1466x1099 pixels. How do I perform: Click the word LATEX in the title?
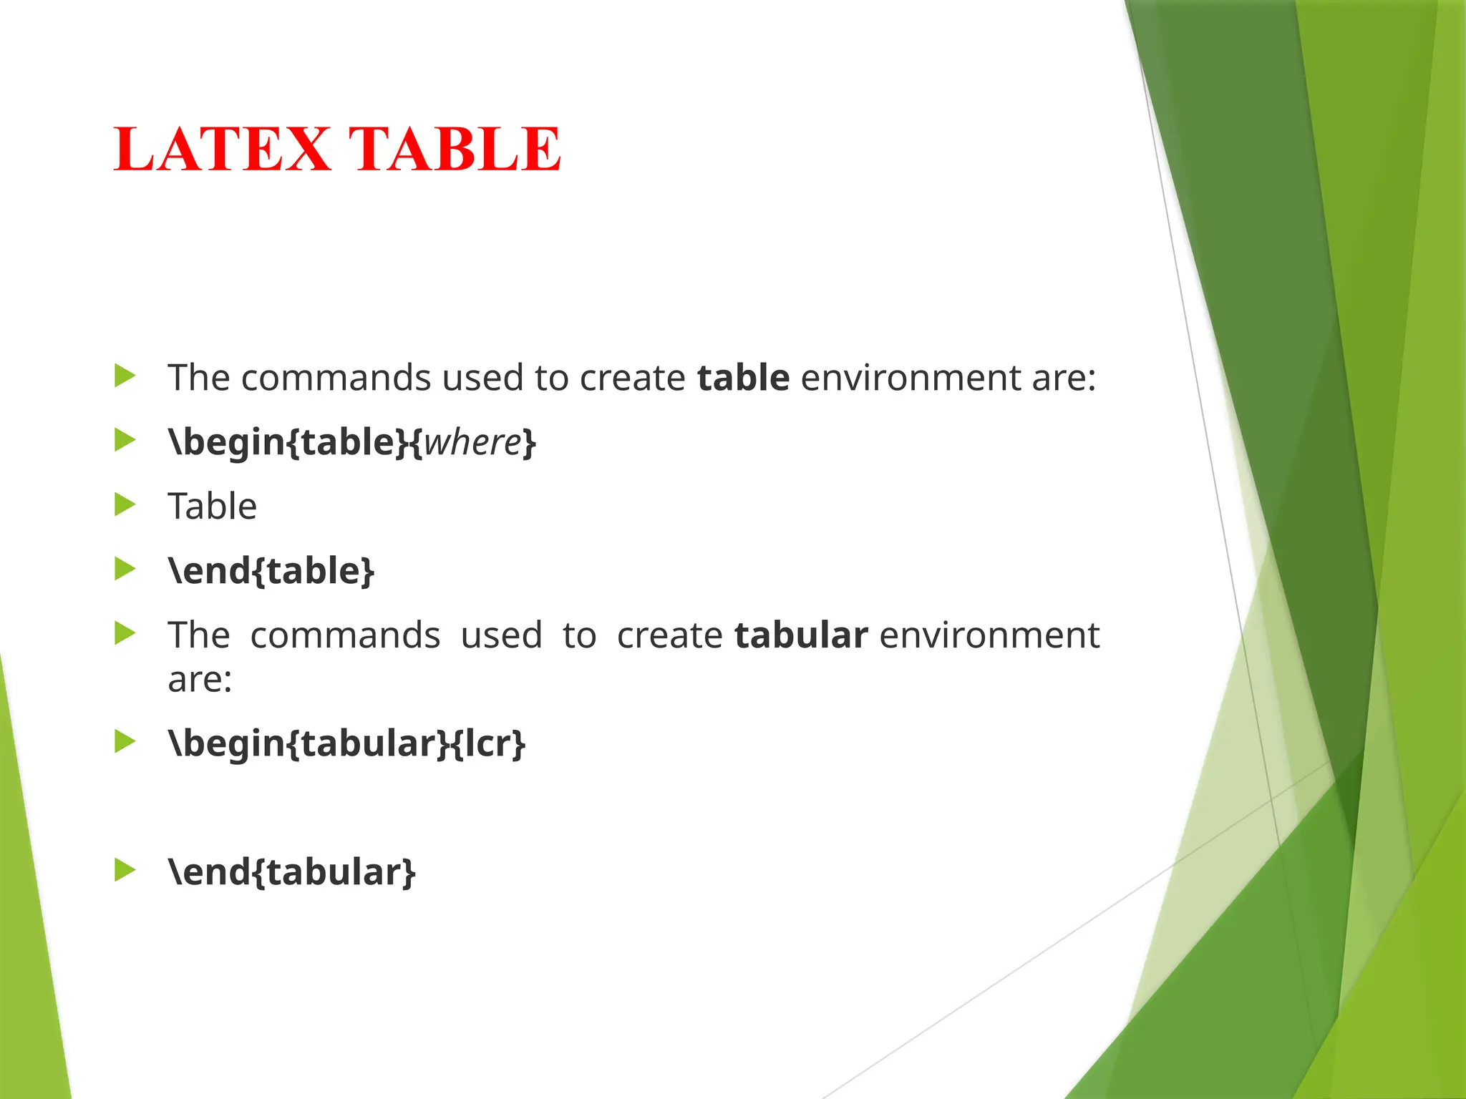tap(223, 150)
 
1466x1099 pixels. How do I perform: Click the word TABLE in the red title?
tap(454, 150)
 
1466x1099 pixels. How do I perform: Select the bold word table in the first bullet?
tap(743, 378)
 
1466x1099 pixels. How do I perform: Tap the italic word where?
tap(472, 442)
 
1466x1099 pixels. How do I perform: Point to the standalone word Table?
tap(212, 507)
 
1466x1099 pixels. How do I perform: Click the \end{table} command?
tap(271, 571)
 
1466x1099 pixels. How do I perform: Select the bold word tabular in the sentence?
tap(801, 635)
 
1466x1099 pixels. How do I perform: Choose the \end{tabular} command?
tap(291, 872)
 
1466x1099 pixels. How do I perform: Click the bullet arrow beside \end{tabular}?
tap(125, 870)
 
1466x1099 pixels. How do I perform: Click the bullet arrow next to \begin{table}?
tap(125, 440)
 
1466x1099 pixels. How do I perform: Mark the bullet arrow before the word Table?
tap(125, 504)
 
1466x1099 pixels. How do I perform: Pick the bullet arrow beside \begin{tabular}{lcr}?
tap(125, 741)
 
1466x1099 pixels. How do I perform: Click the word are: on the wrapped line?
tap(200, 679)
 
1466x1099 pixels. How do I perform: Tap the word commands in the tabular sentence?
tap(345, 635)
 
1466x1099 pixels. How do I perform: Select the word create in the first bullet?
tap(632, 378)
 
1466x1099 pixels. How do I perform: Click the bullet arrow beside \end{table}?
tap(125, 569)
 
